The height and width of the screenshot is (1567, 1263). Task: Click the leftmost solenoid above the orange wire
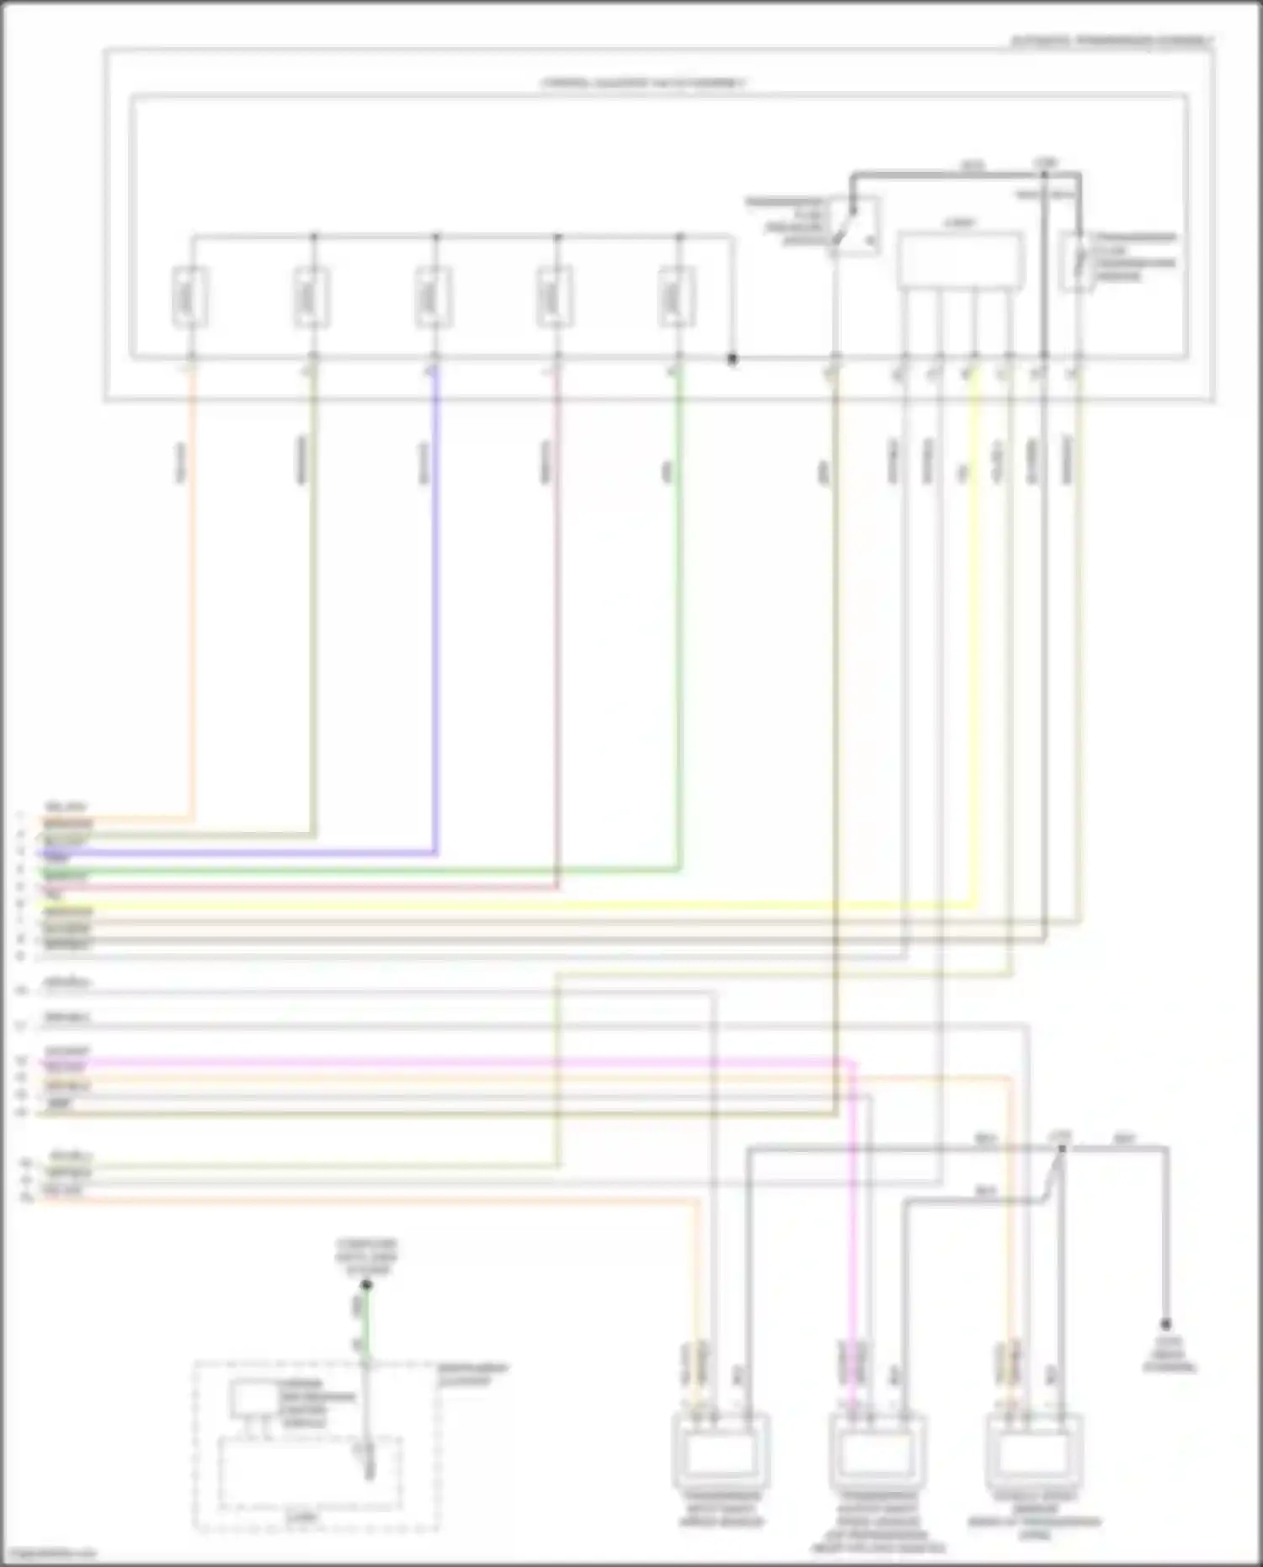tap(191, 296)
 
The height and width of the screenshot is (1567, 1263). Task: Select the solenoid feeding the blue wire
tap(434, 296)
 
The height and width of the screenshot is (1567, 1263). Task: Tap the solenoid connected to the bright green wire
tap(678, 296)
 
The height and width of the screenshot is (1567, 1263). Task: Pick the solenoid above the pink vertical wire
tap(556, 296)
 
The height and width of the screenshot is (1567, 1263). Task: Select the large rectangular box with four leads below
tap(960, 261)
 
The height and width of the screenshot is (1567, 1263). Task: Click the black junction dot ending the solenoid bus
tap(733, 360)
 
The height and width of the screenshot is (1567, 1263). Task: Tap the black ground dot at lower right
tap(1166, 1324)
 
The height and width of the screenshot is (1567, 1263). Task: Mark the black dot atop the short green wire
tap(366, 1285)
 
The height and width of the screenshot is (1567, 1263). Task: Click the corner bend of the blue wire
tap(435, 853)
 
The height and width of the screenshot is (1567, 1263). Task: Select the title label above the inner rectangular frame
tap(644, 84)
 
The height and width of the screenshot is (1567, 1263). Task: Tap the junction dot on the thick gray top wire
tap(1044, 174)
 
